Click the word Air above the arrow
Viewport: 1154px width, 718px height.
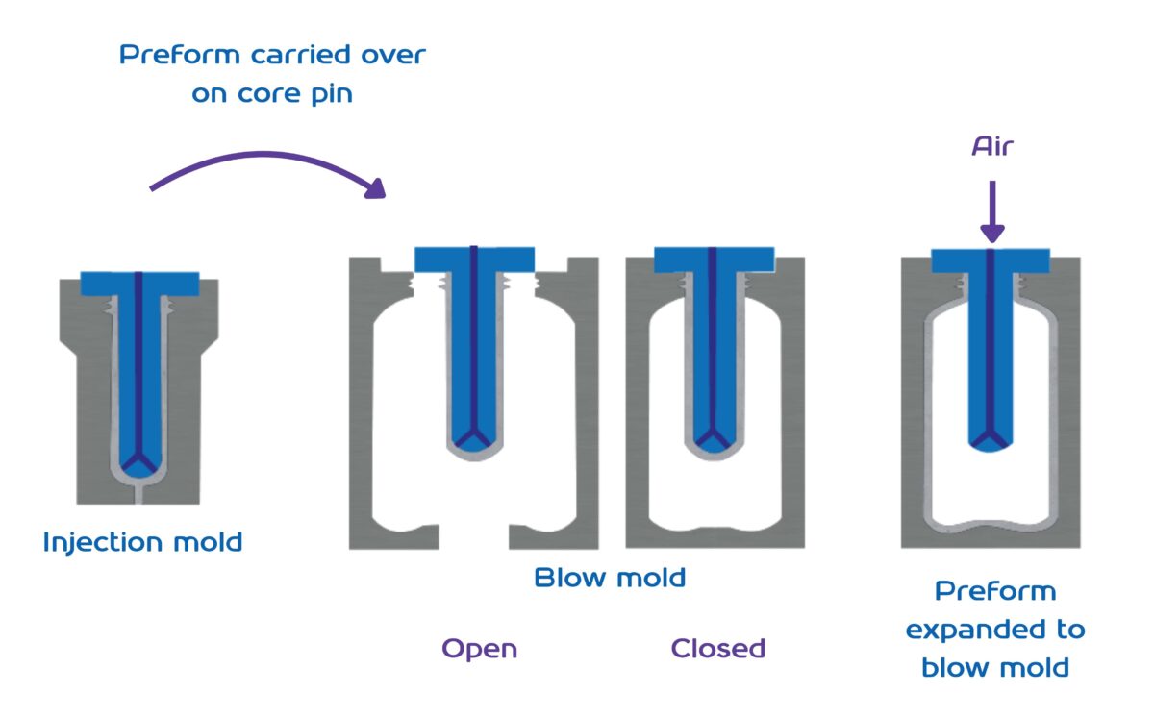[x=991, y=146]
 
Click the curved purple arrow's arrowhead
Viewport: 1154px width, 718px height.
[x=376, y=188]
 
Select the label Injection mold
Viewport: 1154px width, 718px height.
[x=142, y=542]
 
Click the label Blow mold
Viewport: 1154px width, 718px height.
[x=610, y=578]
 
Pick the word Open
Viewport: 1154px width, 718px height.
[x=479, y=649]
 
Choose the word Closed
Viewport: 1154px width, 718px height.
[x=717, y=649]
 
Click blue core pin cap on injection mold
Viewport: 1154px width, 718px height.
[x=139, y=284]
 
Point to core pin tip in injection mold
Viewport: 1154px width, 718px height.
[x=139, y=463]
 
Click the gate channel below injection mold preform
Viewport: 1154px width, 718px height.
[x=139, y=493]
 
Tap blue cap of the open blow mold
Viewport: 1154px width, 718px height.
[x=474, y=259]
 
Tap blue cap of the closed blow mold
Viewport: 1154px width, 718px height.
[x=714, y=259]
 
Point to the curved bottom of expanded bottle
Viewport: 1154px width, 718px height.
[x=991, y=528]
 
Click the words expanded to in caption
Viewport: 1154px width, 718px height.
[x=995, y=631]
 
